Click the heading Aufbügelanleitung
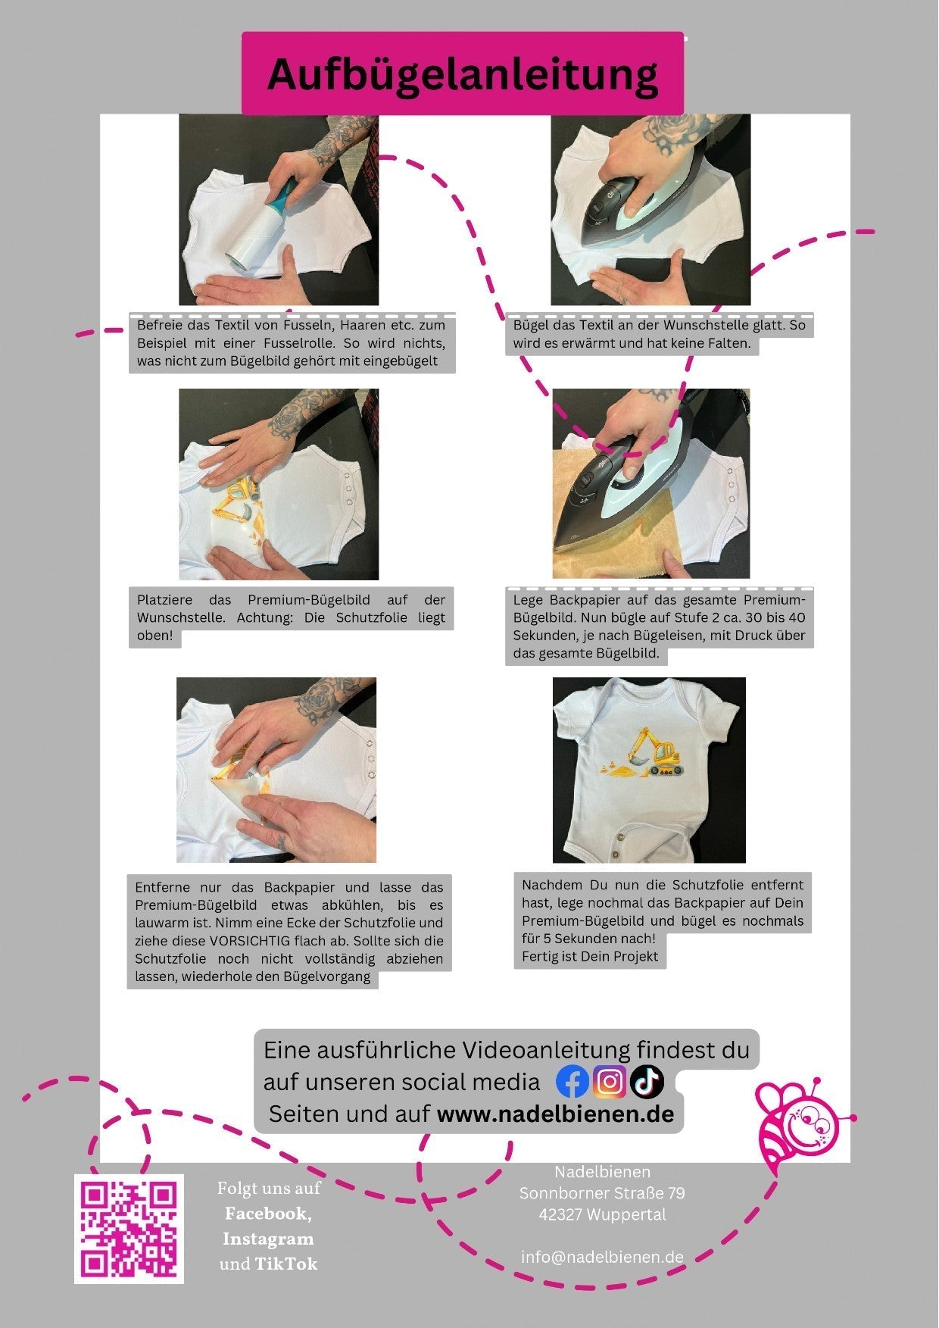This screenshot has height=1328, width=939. pos(463,74)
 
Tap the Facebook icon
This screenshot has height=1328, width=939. pos(572,1082)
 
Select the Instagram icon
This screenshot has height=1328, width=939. pos(610,1082)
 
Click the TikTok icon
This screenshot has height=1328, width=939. pos(647,1082)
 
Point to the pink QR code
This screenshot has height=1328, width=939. pos(129,1229)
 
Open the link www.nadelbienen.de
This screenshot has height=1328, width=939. pos(556,1114)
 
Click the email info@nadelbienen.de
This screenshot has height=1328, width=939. pos(602,1257)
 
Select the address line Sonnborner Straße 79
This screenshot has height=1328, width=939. pos(602,1193)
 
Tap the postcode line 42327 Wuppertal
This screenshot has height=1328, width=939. pos(602,1214)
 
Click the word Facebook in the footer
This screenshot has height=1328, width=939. pos(268,1214)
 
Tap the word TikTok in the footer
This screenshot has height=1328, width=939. pos(285,1264)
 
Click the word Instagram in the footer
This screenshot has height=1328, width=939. pos(268,1239)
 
